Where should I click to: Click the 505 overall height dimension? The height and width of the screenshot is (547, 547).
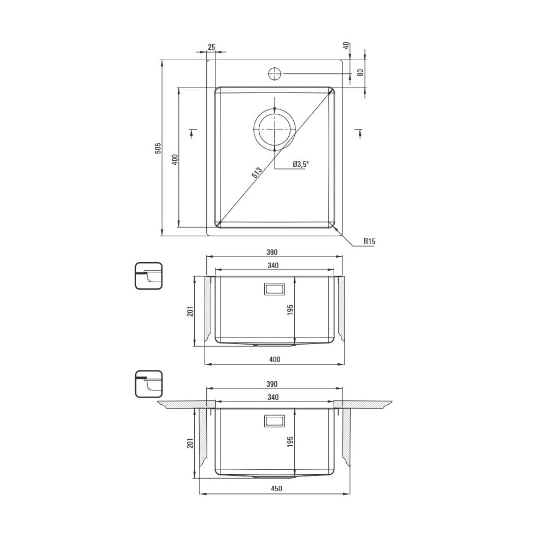tap(158, 148)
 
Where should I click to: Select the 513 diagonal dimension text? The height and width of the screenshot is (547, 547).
tap(257, 173)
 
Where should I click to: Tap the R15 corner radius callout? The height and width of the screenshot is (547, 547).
tap(369, 241)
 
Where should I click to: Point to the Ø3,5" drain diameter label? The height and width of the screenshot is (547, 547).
tap(301, 164)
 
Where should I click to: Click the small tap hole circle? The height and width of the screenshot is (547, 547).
tap(275, 74)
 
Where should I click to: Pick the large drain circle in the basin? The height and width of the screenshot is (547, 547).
tap(275, 129)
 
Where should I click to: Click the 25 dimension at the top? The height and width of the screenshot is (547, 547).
tap(211, 47)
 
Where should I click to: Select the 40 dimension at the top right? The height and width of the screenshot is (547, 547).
tap(346, 45)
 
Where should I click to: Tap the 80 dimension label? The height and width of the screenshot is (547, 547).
tap(360, 73)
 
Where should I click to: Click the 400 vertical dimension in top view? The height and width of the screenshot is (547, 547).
tap(175, 159)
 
